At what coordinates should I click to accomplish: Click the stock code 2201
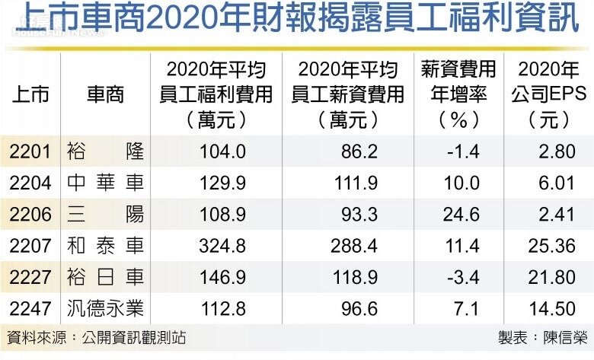tap(30, 151)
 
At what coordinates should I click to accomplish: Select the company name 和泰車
tap(105, 246)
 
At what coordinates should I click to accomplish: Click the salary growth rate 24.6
tap(462, 215)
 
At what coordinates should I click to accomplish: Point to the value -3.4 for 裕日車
tap(462, 278)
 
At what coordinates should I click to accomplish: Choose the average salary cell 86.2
tap(359, 151)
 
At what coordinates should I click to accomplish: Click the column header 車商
tap(105, 94)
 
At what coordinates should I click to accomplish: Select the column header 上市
tap(30, 94)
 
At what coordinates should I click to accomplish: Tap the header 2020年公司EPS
tap(548, 94)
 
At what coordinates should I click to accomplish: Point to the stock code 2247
tap(30, 309)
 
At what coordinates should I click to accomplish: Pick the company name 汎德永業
tap(105, 309)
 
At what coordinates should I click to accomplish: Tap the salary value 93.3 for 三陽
tap(359, 215)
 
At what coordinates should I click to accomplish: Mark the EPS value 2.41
tap(557, 215)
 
